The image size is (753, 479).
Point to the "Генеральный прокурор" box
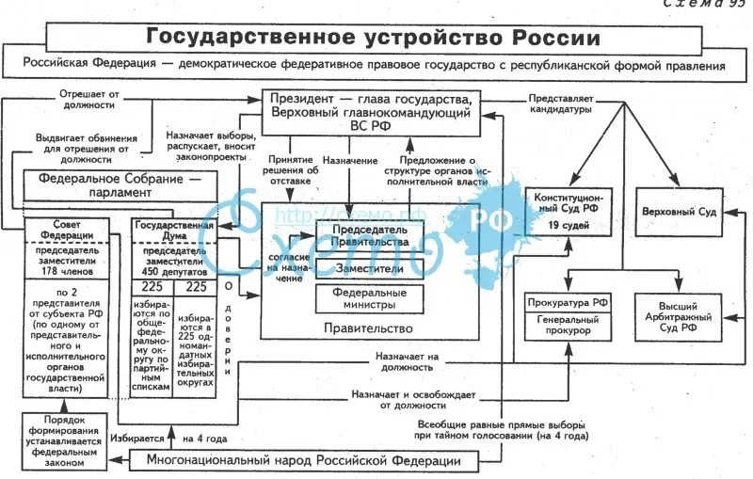568,325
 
